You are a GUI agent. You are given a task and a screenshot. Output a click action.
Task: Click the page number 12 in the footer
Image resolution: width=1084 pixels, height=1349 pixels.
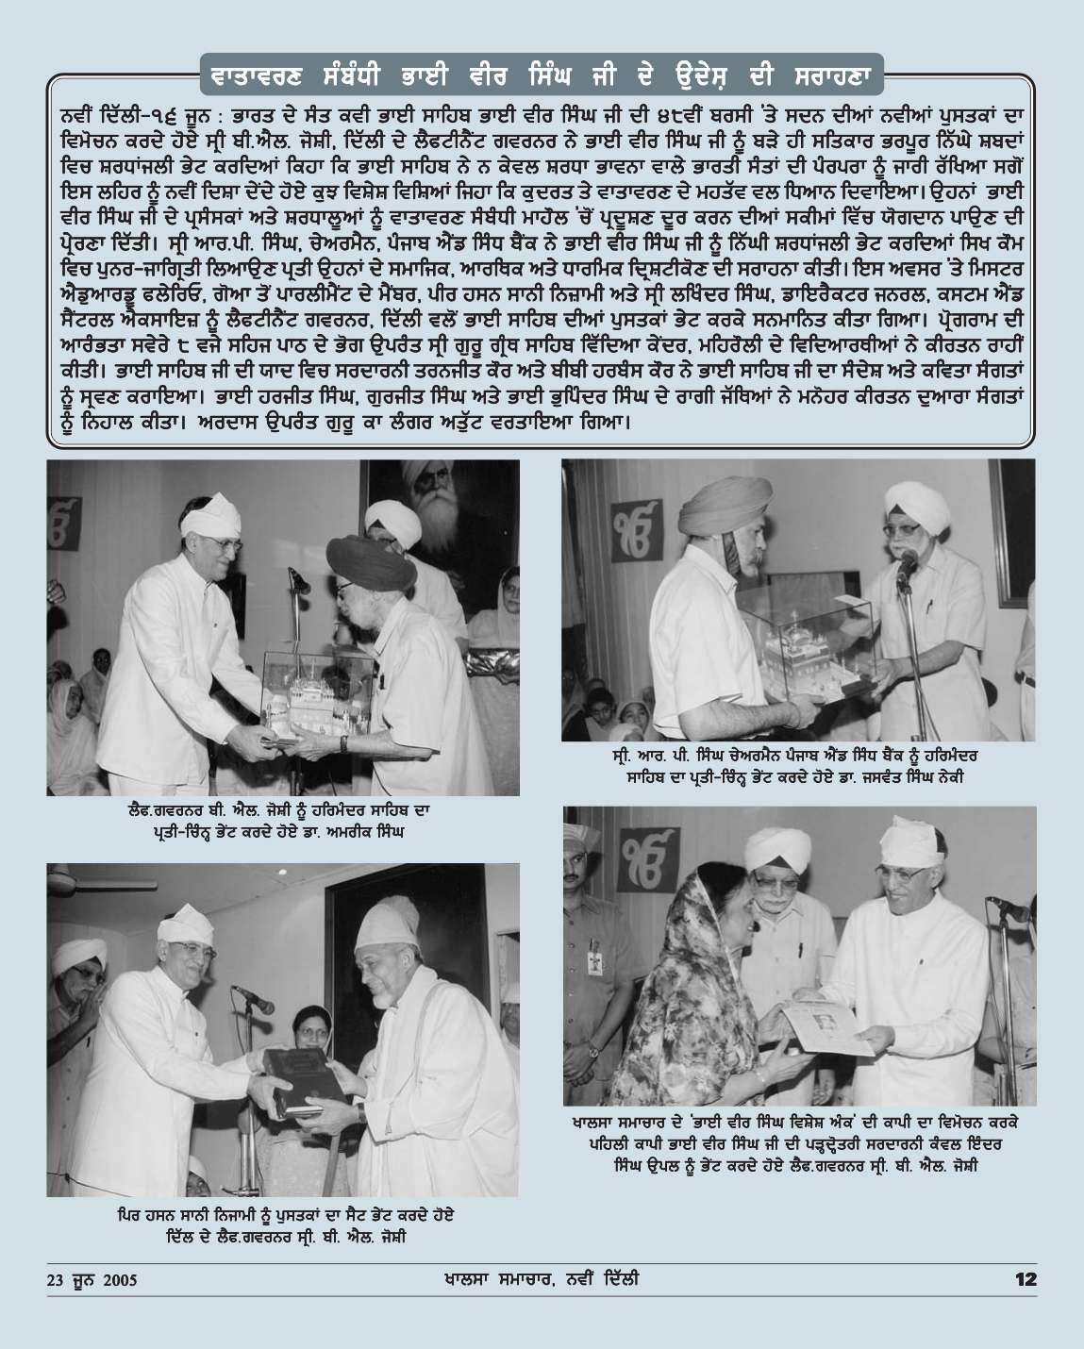[1026, 1280]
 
